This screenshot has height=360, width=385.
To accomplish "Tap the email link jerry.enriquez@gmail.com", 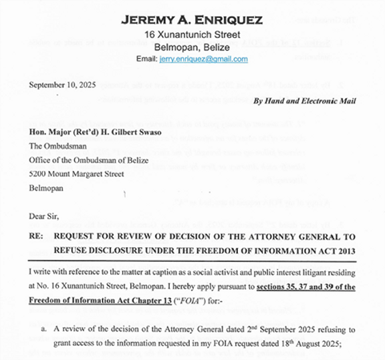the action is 204,59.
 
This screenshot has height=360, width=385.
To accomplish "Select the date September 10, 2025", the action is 63,85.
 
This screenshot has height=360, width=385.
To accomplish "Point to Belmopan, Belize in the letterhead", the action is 192,47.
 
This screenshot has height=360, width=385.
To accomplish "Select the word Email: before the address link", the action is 147,59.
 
